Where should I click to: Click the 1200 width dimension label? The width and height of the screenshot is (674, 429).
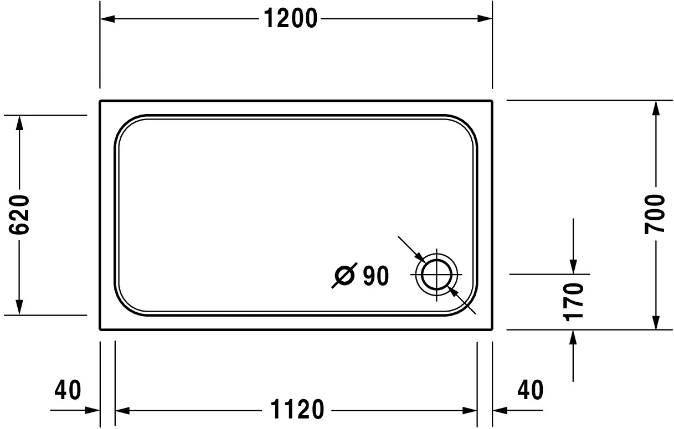290,19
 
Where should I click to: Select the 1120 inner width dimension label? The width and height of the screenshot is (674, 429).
296,410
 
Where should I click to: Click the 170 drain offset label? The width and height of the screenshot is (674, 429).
573,302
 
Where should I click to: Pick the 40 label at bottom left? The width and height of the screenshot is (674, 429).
68,390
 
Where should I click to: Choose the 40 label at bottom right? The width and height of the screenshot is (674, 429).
530,390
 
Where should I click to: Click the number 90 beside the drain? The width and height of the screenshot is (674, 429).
376,276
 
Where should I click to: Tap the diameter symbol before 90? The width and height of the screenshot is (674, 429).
344,276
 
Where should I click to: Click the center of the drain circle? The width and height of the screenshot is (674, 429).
437,276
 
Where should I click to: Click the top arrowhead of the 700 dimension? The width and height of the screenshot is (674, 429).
656,107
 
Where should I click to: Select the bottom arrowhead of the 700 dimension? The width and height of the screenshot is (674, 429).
656,322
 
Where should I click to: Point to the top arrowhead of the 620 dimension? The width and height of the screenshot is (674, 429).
19,122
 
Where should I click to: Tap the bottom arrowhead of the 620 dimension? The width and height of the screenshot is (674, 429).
19,308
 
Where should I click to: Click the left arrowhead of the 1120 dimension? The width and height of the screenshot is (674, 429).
121,411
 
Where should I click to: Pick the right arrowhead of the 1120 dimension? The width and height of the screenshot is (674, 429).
470,411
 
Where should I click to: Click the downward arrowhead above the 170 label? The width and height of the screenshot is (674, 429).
573,267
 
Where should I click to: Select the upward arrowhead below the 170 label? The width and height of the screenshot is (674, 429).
573,337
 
